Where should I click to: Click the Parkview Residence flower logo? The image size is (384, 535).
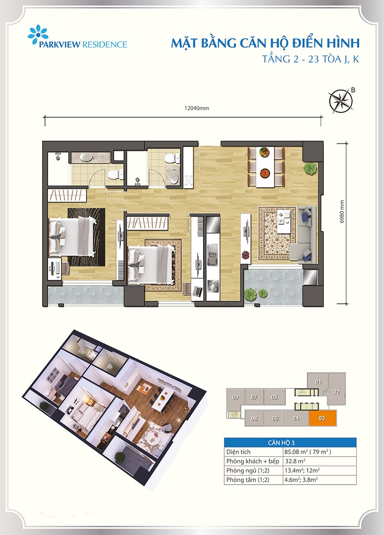point(38,35)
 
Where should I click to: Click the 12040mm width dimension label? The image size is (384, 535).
point(196,108)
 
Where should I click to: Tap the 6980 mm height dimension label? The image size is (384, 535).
point(342,212)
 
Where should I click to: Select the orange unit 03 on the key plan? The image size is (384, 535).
point(323,418)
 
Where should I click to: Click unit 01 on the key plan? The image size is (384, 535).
point(318,382)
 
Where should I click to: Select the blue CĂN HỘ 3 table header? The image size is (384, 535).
point(290,443)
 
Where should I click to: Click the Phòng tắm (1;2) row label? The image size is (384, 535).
point(248,480)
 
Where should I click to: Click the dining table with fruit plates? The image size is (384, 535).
point(265,167)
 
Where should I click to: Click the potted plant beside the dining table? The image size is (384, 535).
point(310,169)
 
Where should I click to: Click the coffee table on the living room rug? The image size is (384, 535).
point(284,222)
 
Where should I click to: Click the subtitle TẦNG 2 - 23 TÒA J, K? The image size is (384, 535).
point(311,60)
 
